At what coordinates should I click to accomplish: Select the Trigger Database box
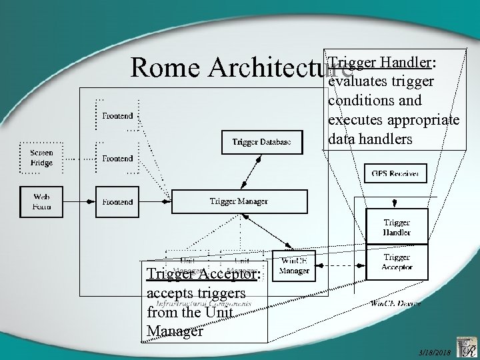pyautogui.click(x=257, y=141)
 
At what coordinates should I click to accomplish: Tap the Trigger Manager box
pyautogui.click(x=240, y=201)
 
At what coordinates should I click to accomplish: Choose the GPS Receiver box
pyautogui.click(x=395, y=174)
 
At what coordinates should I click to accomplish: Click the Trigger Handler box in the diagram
pyautogui.click(x=396, y=227)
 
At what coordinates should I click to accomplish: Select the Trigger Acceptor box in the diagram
pyautogui.click(x=396, y=262)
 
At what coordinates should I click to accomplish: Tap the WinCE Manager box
pyautogui.click(x=294, y=266)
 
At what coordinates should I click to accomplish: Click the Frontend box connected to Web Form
pyautogui.click(x=117, y=201)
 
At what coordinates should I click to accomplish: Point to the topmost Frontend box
pyautogui.click(x=117, y=115)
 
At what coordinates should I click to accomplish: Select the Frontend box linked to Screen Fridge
pyautogui.click(x=117, y=159)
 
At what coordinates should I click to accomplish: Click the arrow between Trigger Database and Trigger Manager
pyautogui.click(x=248, y=171)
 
